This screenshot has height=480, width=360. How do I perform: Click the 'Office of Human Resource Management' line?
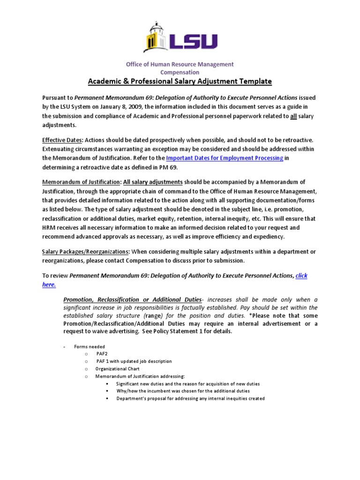(x=180, y=64)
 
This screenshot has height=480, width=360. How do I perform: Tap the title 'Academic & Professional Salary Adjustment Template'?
(x=180, y=81)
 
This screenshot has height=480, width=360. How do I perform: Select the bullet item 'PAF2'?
(x=102, y=354)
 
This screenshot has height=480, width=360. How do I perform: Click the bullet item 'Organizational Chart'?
(x=117, y=369)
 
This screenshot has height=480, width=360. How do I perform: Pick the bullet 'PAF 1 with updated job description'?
(x=134, y=361)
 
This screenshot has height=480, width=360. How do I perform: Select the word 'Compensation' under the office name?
(x=180, y=72)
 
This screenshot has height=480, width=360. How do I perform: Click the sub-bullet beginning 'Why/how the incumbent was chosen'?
(x=183, y=391)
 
